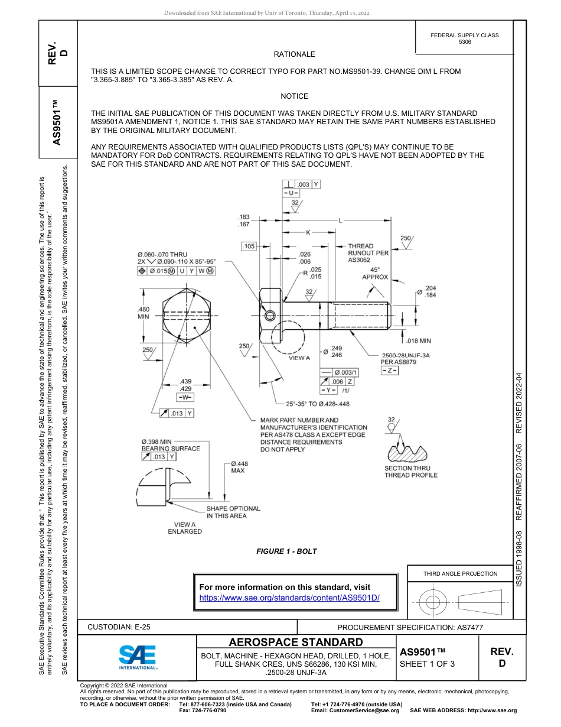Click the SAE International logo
[138, 657]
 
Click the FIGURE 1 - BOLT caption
[286, 551]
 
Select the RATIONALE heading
[294, 54]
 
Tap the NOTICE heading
[294, 96]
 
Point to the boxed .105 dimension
[249, 246]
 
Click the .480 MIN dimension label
[143, 313]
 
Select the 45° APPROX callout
[375, 272]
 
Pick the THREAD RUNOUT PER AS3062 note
[368, 252]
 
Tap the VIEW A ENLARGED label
[185, 528]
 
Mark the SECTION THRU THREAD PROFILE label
[411, 472]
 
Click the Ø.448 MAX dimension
[239, 467]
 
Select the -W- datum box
[185, 397]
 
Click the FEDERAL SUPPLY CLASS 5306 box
[464, 38]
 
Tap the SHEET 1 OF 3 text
[427, 664]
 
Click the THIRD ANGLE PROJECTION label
[460, 573]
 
